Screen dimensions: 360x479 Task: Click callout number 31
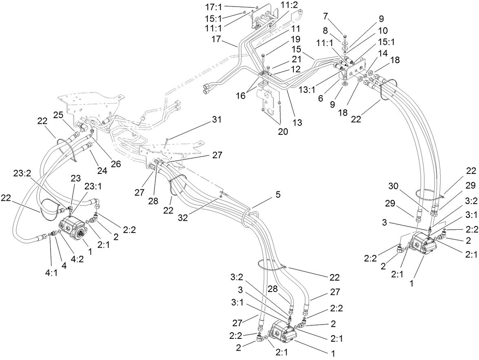(216, 120)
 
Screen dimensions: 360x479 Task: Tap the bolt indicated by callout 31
(167, 140)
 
